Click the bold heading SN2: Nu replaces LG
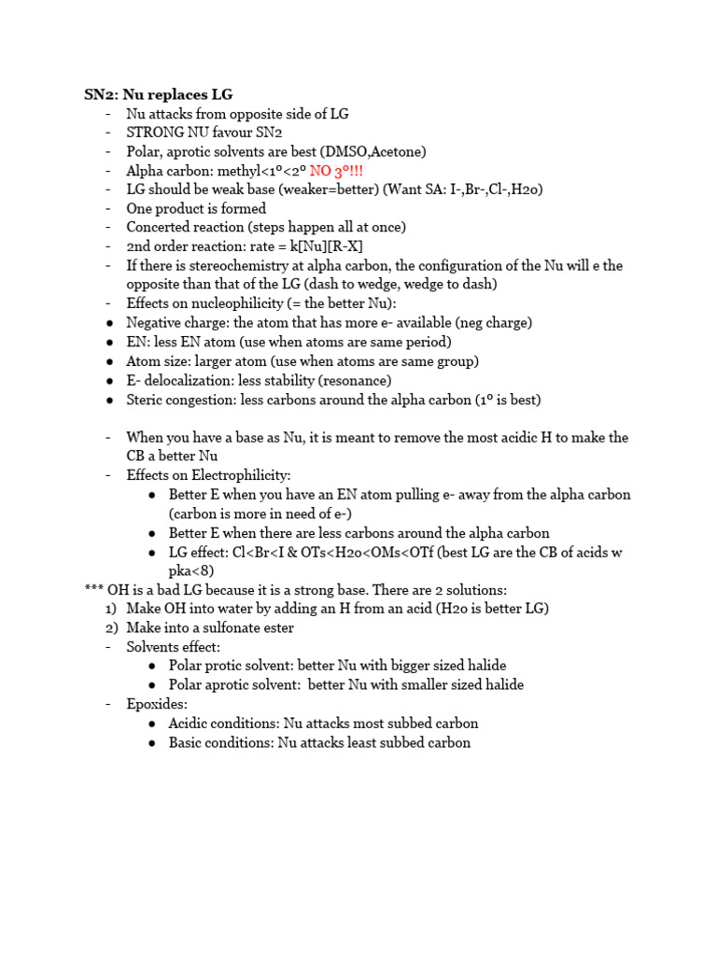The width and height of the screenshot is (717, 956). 159,94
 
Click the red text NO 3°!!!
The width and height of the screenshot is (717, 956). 337,171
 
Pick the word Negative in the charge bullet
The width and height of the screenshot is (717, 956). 155,323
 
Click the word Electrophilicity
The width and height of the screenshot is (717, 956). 240,475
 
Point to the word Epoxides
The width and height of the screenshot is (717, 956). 157,704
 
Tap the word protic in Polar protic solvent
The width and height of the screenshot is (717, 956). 228,666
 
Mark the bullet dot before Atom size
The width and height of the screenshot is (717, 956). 111,361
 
